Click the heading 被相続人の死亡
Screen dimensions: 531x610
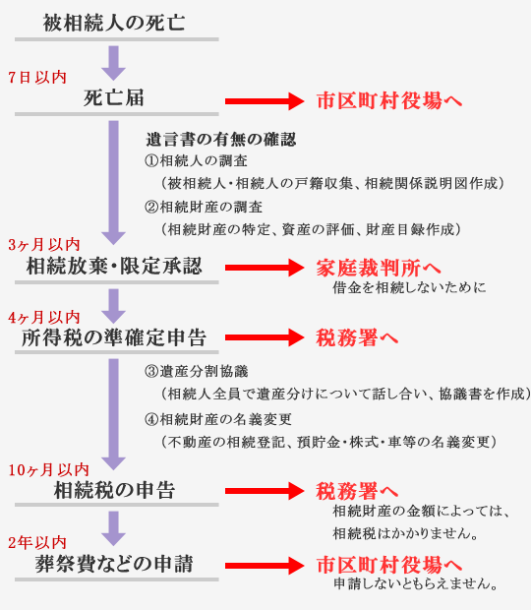pyautogui.click(x=114, y=23)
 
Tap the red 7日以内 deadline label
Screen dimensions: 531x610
pyautogui.click(x=37, y=77)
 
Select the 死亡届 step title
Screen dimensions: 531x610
pyautogui.click(x=114, y=97)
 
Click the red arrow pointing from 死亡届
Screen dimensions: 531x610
pyautogui.click(x=265, y=101)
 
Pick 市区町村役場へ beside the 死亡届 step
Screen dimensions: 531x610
pyautogui.click(x=389, y=100)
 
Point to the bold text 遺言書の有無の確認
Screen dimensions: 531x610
pyautogui.click(x=221, y=140)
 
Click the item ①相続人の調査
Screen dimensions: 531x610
pyautogui.click(x=196, y=160)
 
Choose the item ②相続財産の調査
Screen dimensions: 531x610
pyautogui.click(x=204, y=207)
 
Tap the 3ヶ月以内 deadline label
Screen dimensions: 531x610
pyautogui.click(x=44, y=245)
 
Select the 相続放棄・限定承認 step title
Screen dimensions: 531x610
pyautogui.click(x=114, y=266)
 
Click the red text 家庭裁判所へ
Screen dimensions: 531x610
pyautogui.click(x=379, y=268)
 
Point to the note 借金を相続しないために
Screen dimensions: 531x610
pyautogui.click(x=409, y=287)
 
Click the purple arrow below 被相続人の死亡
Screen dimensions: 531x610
pyautogui.click(x=113, y=63)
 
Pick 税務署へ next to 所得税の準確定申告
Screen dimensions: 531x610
pyautogui.click(x=357, y=337)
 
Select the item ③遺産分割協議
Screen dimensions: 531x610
pyautogui.click(x=197, y=371)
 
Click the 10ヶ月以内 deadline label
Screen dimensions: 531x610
pyautogui.click(x=48, y=470)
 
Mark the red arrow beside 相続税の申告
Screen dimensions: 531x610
pyautogui.click(x=265, y=491)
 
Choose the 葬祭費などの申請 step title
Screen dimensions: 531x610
pyautogui.click(x=114, y=564)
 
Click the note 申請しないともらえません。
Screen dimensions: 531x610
pyautogui.click(x=416, y=583)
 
